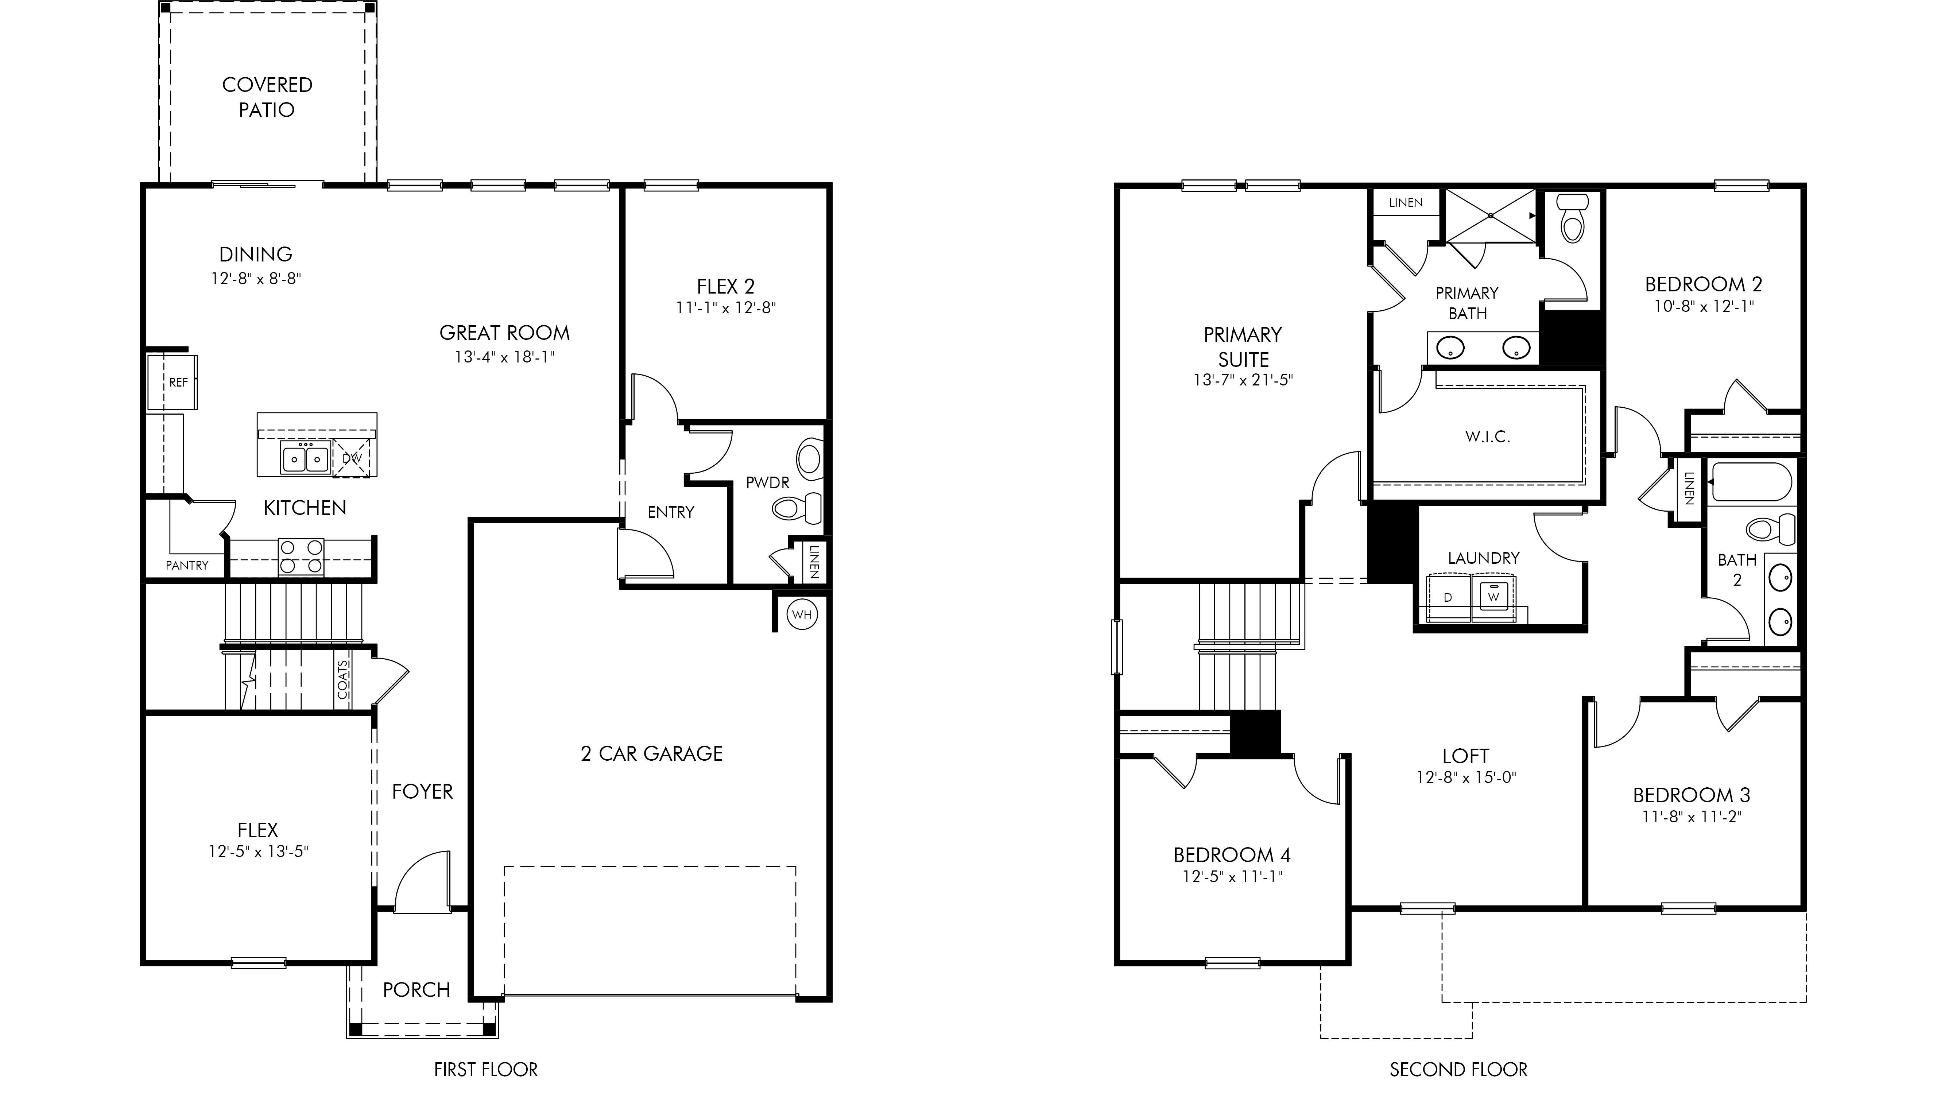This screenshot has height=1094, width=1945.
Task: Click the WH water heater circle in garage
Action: [802, 614]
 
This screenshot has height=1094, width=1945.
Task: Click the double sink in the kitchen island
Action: [306, 458]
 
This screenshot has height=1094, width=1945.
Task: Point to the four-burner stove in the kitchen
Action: [301, 557]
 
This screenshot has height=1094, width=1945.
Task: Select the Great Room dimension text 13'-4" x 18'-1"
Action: [504, 356]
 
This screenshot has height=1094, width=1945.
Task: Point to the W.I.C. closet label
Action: [1487, 437]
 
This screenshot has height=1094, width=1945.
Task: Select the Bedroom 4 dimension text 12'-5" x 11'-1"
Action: [1232, 877]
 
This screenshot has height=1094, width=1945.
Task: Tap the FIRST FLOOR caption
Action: [485, 1070]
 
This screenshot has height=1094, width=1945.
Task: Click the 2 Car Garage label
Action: [652, 753]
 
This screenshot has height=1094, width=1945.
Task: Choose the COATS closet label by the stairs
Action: [343, 679]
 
